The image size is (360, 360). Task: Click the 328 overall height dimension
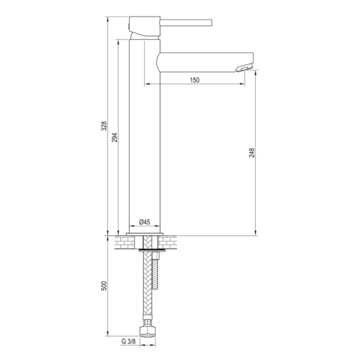(x=104, y=126)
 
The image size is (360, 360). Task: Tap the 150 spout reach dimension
(x=194, y=80)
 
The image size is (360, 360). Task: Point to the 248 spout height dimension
(x=253, y=153)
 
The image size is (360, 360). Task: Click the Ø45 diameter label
(x=145, y=222)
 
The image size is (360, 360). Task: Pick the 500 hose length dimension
(x=104, y=286)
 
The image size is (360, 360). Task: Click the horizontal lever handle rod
(x=187, y=23)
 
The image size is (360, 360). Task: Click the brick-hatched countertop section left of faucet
(x=124, y=242)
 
